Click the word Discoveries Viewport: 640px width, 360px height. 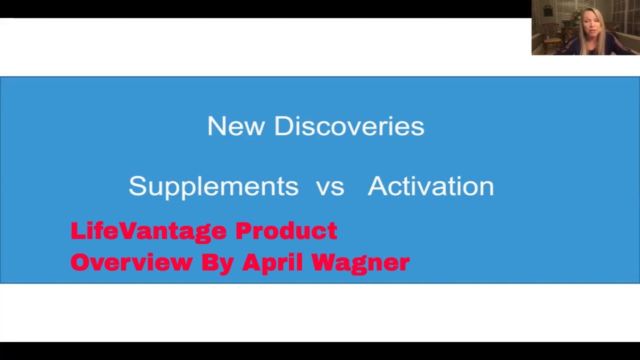(349, 126)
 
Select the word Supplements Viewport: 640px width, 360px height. (213, 186)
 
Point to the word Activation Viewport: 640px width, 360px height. (430, 186)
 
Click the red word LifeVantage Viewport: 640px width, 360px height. (148, 231)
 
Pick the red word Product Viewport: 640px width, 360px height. (286, 231)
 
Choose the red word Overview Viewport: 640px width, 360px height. (131, 262)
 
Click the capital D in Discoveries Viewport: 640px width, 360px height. (283, 126)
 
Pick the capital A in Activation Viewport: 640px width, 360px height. (377, 186)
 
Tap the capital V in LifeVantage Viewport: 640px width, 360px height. (128, 231)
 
